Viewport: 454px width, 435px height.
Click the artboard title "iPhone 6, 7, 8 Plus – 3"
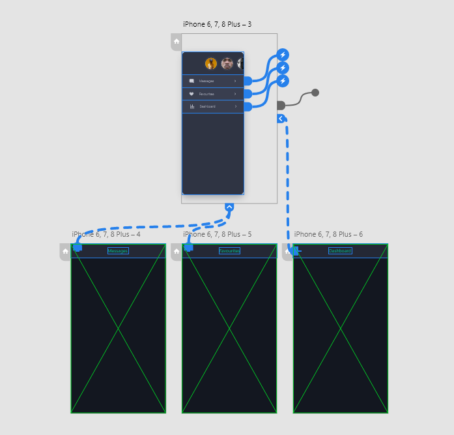point(217,25)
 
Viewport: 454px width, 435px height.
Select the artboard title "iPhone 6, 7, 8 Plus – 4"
point(106,234)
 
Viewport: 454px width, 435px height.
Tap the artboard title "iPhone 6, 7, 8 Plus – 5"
point(217,234)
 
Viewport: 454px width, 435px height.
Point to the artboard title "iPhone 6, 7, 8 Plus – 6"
point(328,234)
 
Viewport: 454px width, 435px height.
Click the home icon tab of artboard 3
point(176,42)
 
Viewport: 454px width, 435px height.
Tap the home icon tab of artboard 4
point(65,251)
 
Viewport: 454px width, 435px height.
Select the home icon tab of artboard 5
point(177,251)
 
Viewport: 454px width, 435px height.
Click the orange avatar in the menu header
point(211,63)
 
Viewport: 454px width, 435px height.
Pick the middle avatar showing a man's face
point(227,63)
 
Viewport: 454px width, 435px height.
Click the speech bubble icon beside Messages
point(192,81)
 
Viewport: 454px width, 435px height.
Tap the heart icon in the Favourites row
point(192,94)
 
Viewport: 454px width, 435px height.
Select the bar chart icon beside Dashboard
point(192,106)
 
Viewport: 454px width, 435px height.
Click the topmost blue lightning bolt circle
point(283,54)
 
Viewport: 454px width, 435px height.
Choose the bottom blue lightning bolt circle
point(283,81)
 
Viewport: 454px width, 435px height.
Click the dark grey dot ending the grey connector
point(315,93)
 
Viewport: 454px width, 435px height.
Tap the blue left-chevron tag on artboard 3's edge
point(281,119)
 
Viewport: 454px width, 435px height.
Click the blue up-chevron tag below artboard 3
point(229,207)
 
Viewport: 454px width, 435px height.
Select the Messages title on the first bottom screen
point(118,251)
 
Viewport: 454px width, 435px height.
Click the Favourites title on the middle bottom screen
point(229,251)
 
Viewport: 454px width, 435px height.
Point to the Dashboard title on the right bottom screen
point(340,251)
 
